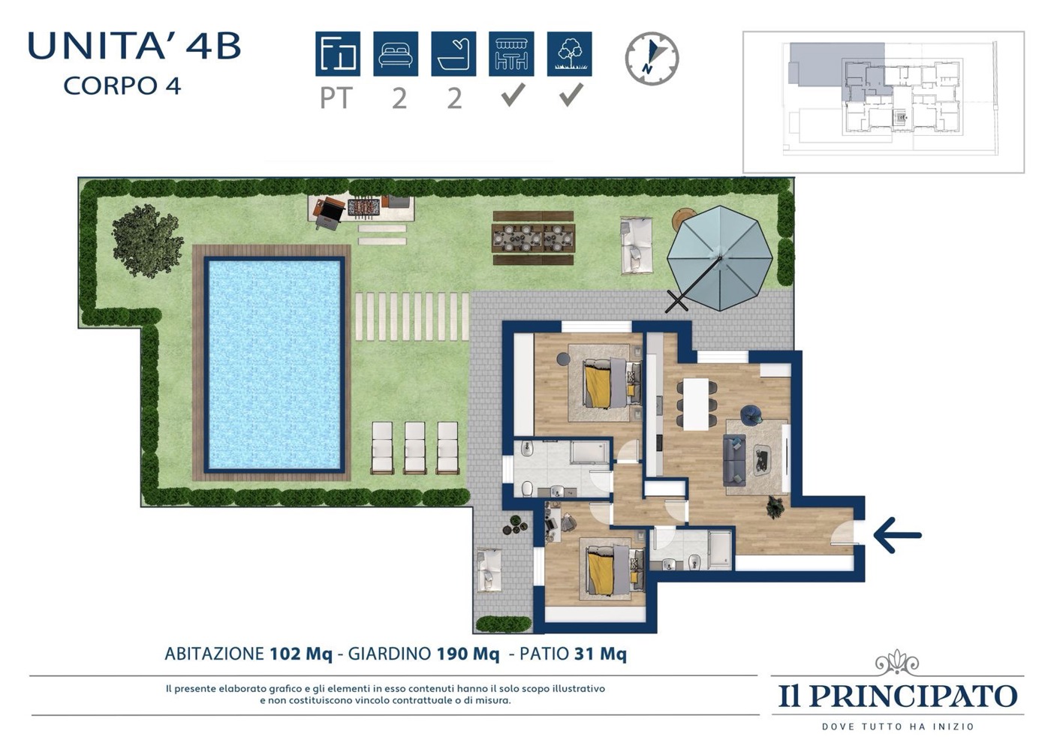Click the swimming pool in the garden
click(x=274, y=364)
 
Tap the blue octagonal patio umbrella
click(x=720, y=258)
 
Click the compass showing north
click(x=652, y=59)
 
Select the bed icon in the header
click(x=396, y=54)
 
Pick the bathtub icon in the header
click(x=453, y=54)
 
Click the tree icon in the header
click(x=570, y=54)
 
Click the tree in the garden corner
click(x=146, y=240)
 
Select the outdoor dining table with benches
click(x=534, y=238)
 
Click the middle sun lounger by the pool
click(x=414, y=448)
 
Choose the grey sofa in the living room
click(x=734, y=460)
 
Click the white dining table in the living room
click(x=696, y=404)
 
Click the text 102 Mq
click(x=301, y=654)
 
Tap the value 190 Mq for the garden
click(x=468, y=654)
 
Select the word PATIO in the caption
click(x=544, y=654)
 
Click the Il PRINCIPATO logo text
click(x=898, y=696)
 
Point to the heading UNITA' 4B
click(x=134, y=46)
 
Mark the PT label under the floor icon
click(x=336, y=98)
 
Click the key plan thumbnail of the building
click(x=884, y=102)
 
